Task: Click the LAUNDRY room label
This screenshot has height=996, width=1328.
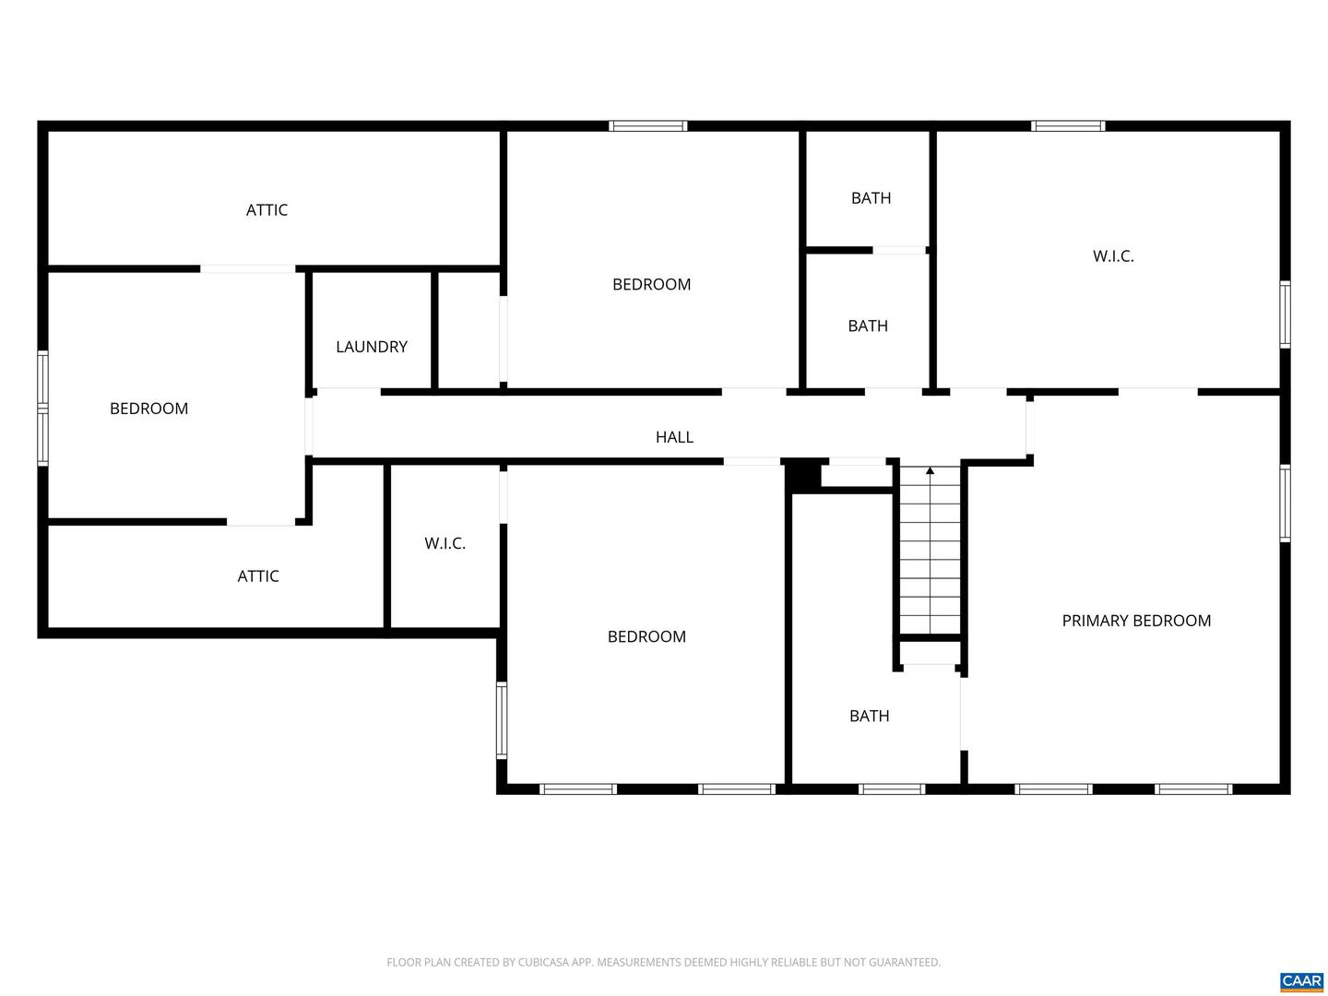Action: click(371, 347)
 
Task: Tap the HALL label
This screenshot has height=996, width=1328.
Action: click(674, 437)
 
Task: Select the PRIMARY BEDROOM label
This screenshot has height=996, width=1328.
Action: click(1136, 621)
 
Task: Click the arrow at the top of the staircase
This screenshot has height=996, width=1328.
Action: click(930, 472)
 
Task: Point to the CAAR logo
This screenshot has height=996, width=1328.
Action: click(1301, 981)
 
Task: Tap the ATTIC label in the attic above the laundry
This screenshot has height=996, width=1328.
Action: click(267, 210)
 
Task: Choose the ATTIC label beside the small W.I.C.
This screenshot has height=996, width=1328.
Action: click(258, 576)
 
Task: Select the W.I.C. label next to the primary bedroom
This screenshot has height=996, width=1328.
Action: click(1113, 256)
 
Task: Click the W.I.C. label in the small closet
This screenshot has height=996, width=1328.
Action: click(445, 543)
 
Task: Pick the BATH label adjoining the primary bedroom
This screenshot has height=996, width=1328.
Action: click(869, 716)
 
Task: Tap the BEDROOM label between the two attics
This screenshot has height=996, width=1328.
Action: click(148, 409)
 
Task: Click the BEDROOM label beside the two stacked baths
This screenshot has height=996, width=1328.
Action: click(651, 284)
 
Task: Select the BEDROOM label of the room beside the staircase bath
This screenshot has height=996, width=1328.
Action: click(646, 636)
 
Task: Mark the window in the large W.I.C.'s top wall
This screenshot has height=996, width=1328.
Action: click(1068, 126)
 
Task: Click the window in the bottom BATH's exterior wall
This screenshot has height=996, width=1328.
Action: click(891, 788)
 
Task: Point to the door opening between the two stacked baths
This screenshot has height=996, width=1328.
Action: click(899, 250)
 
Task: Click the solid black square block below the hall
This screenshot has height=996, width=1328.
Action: click(801, 476)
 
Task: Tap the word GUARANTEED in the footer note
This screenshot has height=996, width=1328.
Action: click(905, 963)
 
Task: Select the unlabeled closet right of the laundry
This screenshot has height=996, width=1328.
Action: click(468, 330)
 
